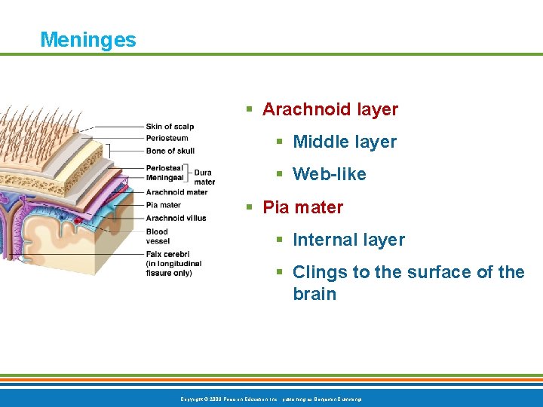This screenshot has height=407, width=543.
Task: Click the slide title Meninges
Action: pos(88,39)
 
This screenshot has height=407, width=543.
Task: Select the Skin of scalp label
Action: pos(170,127)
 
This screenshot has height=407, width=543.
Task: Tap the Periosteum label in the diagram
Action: pos(167,138)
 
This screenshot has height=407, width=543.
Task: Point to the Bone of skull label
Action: pos(170,151)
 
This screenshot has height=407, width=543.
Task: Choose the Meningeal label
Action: pos(164,178)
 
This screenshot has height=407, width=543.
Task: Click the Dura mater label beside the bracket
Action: pos(204,177)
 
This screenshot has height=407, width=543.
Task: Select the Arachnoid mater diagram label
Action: pos(176,192)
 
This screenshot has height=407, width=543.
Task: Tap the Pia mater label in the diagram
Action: pos(163,204)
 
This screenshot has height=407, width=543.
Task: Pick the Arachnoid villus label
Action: pos(176,218)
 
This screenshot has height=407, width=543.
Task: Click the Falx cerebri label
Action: pos(167,255)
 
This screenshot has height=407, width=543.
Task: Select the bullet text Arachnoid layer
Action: pos(330,109)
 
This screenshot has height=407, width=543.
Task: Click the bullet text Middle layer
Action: pos(344,142)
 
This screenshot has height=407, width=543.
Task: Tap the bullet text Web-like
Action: pos(329,174)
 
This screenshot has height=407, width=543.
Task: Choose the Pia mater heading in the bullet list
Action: pos(302,207)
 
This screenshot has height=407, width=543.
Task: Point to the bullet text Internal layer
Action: pos(348,240)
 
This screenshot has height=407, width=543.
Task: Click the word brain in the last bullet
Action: pos(314,294)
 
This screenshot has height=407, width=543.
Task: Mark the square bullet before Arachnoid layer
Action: pos(250,110)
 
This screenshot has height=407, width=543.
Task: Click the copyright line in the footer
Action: pos(271,398)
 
